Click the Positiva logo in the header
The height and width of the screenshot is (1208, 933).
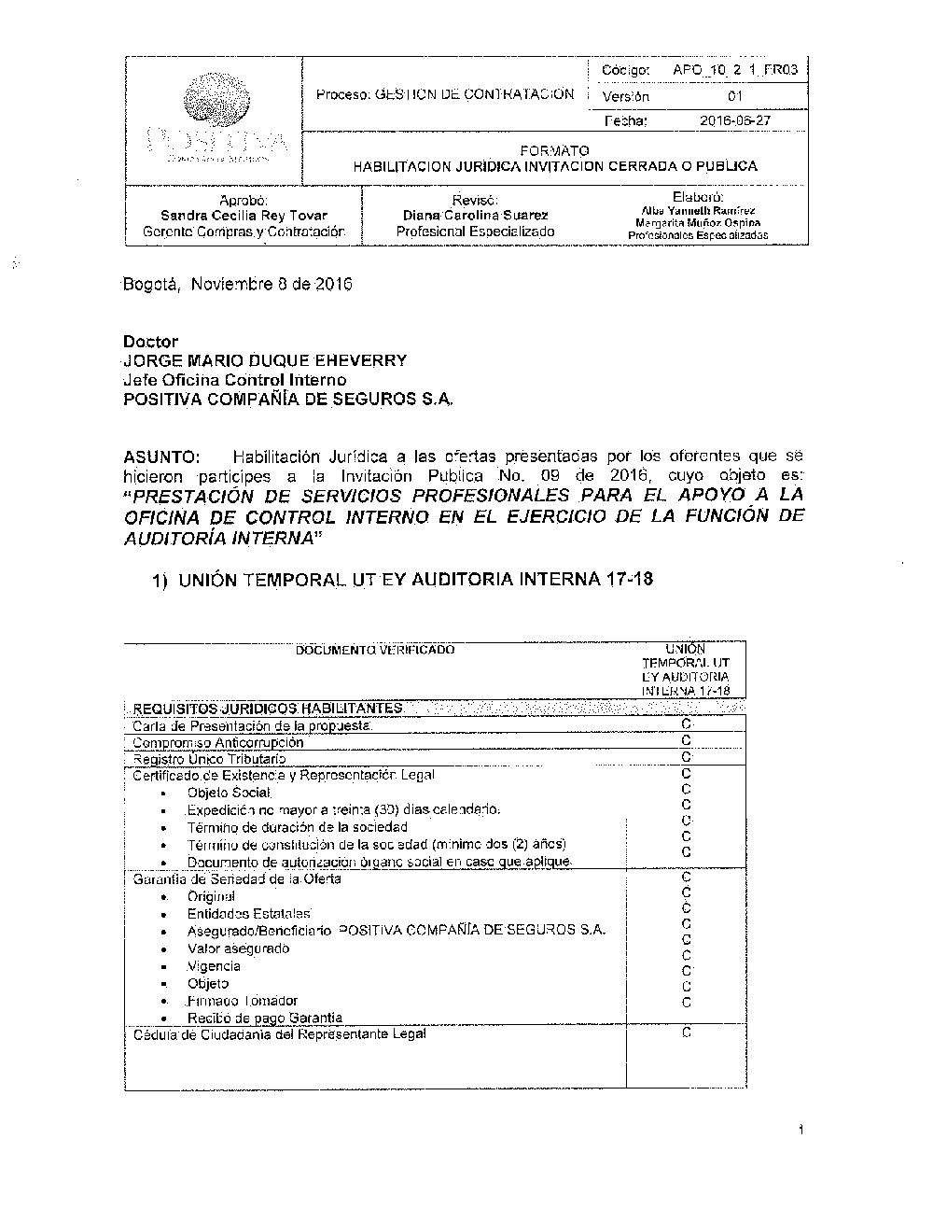[x=215, y=120]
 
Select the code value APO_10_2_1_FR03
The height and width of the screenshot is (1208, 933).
[x=734, y=70]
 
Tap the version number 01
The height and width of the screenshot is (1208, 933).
[x=735, y=96]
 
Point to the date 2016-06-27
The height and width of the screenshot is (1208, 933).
[x=735, y=120]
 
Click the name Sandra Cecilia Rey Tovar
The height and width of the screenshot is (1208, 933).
[x=244, y=215]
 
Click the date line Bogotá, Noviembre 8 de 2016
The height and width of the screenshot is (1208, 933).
[x=238, y=284]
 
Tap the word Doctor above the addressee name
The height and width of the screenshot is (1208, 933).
[x=150, y=342]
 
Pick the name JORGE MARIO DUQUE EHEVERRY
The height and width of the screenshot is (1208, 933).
[x=265, y=360]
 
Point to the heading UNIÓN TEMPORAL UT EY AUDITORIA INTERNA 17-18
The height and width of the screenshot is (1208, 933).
[x=415, y=579]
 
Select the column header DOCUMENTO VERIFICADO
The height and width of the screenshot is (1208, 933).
[x=375, y=650]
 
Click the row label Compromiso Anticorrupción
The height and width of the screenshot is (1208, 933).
[x=218, y=742]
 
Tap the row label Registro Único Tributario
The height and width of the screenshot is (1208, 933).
[x=209, y=759]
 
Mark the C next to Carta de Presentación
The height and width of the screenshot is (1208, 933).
[x=686, y=723]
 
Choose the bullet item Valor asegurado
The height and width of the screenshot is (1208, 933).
[x=238, y=948]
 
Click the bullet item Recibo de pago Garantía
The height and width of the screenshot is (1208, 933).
[x=264, y=1018]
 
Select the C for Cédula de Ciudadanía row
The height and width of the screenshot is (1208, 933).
[x=686, y=1033]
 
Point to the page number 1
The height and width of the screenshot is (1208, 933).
[x=801, y=1132]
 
